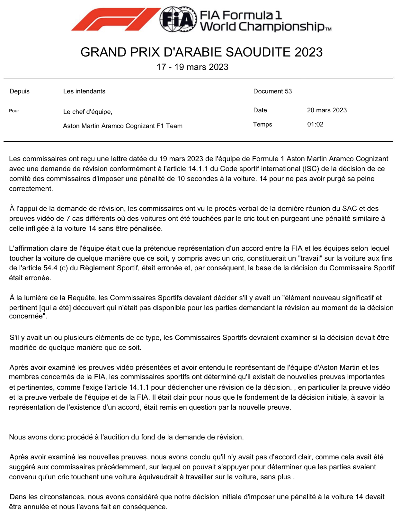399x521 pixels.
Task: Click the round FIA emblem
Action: (x=178, y=19)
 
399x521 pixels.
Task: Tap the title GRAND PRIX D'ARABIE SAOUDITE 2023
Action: (x=201, y=52)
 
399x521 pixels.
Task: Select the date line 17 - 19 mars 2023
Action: (x=192, y=67)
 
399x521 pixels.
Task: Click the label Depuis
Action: (x=20, y=91)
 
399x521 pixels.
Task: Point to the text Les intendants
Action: (x=84, y=91)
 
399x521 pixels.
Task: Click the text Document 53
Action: (x=272, y=91)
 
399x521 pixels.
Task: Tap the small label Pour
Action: (x=14, y=111)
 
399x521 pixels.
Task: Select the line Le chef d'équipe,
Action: (x=88, y=112)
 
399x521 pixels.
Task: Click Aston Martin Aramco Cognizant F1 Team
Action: (x=123, y=126)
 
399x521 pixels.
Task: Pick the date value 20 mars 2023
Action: (x=327, y=110)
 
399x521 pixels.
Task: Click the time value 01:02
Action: (x=315, y=125)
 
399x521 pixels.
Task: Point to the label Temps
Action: (x=262, y=125)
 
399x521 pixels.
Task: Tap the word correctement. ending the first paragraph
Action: (x=31, y=189)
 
